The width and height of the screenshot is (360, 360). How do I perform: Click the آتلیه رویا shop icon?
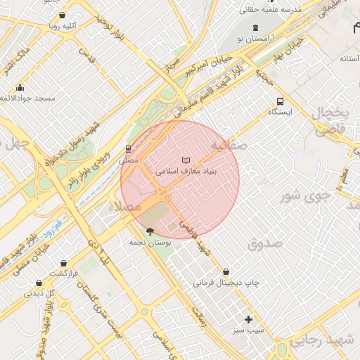[63, 15]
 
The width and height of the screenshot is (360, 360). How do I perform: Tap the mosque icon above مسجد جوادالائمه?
[20, 88]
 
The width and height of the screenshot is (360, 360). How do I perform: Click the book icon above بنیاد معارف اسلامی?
[186, 161]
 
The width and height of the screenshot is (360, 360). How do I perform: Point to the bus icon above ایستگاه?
[281, 101]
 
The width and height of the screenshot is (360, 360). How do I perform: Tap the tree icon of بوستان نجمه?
[148, 231]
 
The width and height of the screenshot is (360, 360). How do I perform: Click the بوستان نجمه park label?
[147, 241]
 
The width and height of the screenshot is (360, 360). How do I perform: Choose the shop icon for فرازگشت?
[64, 263]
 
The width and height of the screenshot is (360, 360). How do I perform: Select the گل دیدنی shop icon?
[38, 283]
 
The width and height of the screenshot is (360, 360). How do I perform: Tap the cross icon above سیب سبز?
[248, 319]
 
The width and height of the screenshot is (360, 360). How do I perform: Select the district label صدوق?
[264, 243]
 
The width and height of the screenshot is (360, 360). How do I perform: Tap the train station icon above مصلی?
[128, 149]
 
